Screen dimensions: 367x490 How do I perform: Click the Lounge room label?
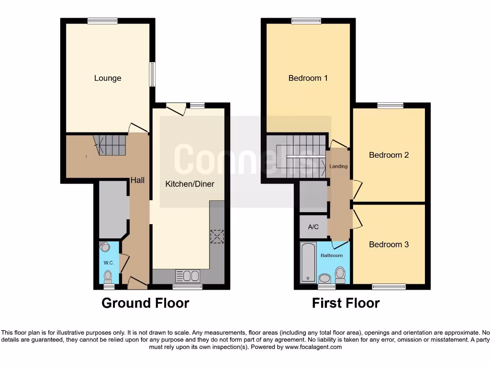click(108, 78)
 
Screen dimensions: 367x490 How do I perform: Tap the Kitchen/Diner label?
click(189, 184)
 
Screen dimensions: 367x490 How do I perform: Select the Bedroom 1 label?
click(308, 78)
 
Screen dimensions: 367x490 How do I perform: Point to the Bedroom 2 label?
click(389, 155)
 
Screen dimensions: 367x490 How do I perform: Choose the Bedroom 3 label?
click(389, 244)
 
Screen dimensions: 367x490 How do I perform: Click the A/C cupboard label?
click(313, 227)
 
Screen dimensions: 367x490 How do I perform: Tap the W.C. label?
click(108, 263)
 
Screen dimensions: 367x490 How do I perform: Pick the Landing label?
click(339, 166)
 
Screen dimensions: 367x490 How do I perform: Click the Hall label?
click(138, 180)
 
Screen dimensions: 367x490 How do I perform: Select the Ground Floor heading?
click(145, 303)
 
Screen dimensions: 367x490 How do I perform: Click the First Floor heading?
click(345, 303)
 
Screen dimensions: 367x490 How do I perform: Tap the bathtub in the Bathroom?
click(307, 262)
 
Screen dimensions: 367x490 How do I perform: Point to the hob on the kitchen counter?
click(217, 237)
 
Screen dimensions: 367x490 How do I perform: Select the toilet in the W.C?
click(108, 276)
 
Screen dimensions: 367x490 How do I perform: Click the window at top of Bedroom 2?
click(390, 106)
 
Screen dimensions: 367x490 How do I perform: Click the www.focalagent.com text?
click(313, 347)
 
